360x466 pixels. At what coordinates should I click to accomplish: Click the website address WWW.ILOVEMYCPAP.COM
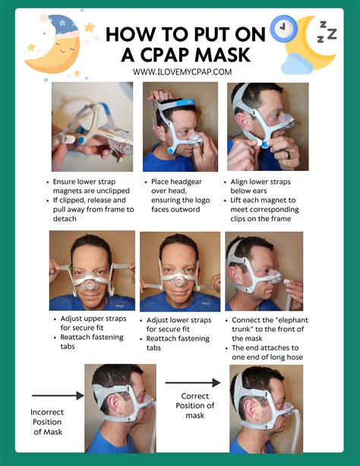(x=182, y=71)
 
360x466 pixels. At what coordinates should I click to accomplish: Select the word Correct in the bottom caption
(x=194, y=396)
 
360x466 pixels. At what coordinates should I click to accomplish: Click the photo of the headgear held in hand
(x=92, y=126)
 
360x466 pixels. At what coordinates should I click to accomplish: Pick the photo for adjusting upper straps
(x=92, y=271)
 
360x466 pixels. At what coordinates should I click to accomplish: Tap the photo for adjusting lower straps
(x=179, y=271)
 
